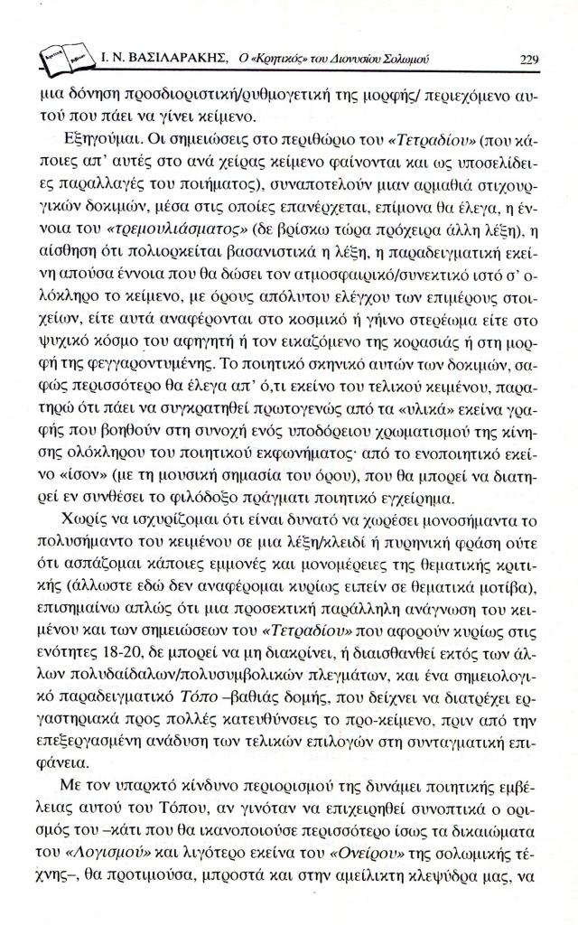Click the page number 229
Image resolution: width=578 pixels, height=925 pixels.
(530, 60)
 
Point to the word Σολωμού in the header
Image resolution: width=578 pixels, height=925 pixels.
(406, 60)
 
